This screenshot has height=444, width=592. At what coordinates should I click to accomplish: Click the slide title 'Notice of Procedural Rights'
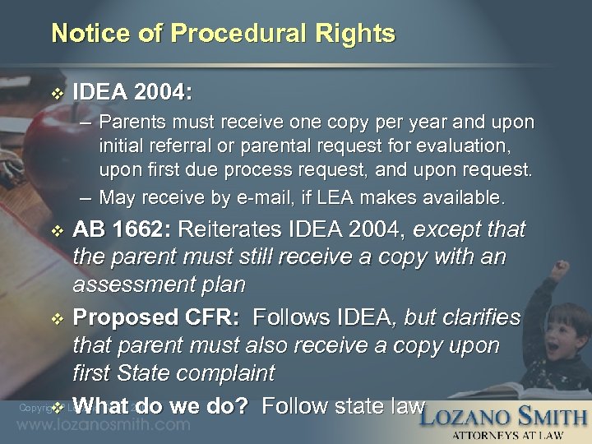coord(223,34)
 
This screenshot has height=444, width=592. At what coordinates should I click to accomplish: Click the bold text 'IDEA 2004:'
coord(135,91)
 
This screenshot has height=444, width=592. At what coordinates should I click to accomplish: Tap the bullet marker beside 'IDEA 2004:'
coord(55,92)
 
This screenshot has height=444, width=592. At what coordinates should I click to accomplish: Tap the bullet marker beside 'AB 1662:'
coord(55,230)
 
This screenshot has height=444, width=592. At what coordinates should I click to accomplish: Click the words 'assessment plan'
coord(159,284)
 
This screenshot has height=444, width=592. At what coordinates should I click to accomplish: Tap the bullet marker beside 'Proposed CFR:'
coord(55,318)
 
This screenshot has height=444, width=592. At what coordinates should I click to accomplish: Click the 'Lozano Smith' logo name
coord(503,416)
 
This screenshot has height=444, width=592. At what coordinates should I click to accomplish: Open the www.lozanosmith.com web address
coord(104,425)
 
